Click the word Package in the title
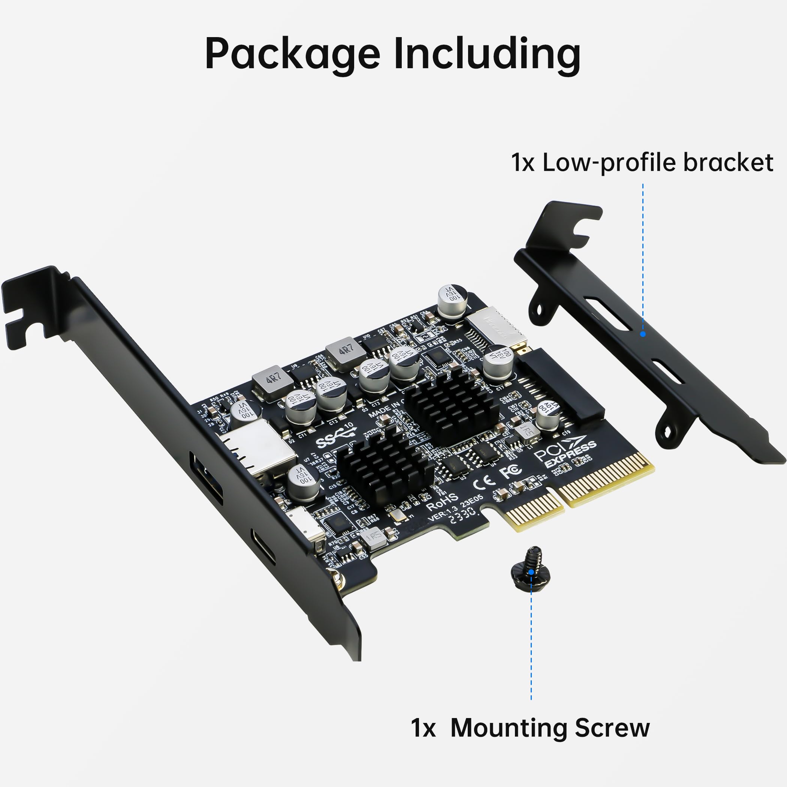292,54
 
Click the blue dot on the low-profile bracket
643,334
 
